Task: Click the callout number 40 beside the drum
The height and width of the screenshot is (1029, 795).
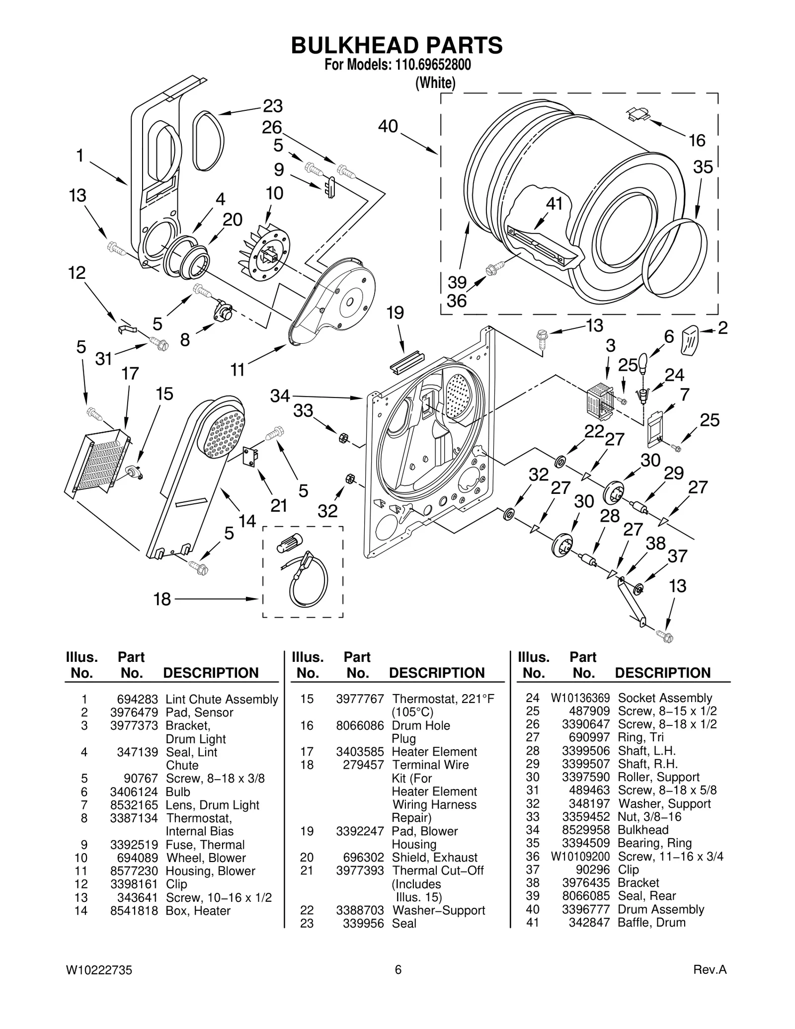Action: (388, 126)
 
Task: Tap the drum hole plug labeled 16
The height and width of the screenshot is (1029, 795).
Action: (637, 114)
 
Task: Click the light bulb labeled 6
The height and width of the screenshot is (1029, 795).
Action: (643, 363)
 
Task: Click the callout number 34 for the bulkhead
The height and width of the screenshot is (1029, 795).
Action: (280, 396)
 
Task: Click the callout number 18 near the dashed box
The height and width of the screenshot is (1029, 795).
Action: (162, 599)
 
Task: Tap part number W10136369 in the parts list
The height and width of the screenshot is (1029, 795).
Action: (580, 698)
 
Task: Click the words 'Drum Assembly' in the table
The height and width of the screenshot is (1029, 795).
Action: (660, 909)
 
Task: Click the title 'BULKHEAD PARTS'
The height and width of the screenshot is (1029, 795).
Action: (397, 45)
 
